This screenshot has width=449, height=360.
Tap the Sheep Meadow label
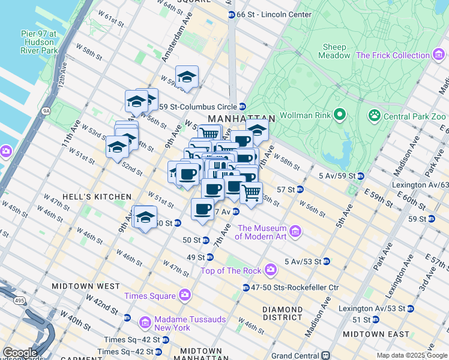pos(336,51)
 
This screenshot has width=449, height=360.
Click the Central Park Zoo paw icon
pos(375,114)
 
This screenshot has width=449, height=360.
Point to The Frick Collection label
pos(393,55)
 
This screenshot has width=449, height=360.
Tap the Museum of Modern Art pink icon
pos(295,231)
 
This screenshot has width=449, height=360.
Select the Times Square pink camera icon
pos(184,295)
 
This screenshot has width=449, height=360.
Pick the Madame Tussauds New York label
pos(172,323)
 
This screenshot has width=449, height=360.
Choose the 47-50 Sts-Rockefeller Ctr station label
pos(295,288)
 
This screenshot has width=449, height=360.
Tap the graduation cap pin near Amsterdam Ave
pos(187,77)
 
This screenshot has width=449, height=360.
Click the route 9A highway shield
pos(46,110)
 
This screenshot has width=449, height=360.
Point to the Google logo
pos(20,352)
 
